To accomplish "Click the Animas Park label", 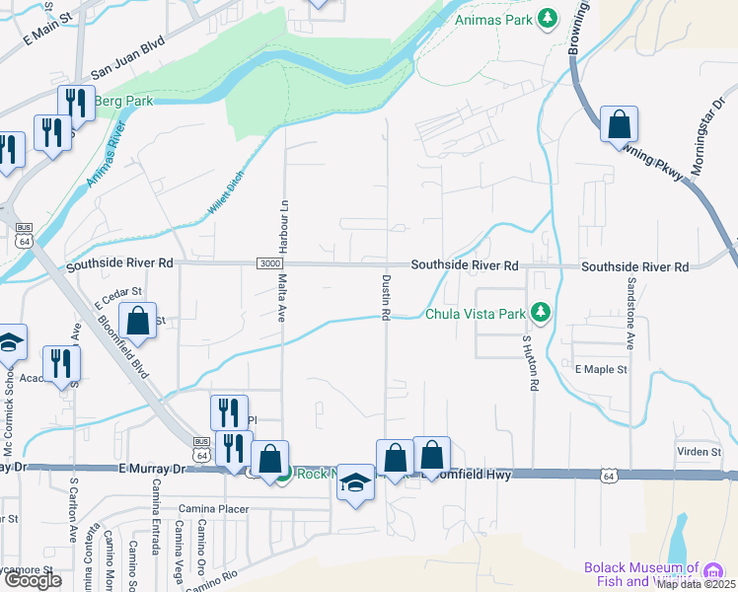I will pos(494,19).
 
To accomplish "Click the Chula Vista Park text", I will pos(474,315).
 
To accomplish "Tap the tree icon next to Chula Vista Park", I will pos(539,314).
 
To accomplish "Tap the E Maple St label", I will pos(600,369).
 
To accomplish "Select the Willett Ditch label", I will pos(226,191).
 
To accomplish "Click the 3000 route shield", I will pos(269,263).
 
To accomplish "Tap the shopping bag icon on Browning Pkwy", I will pos(619,125).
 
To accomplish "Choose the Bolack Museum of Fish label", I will pos(641,568).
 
